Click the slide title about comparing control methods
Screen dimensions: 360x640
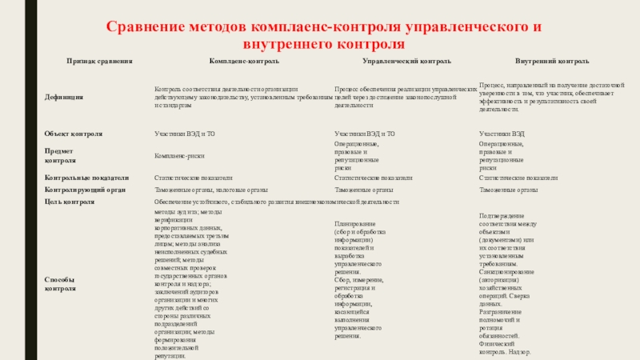click(320, 36)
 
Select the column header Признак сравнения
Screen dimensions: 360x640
click(99, 61)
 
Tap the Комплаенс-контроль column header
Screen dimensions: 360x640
click(243, 61)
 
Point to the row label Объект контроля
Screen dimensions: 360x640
click(74, 134)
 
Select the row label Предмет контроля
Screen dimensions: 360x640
click(63, 154)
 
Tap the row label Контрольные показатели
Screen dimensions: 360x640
click(87, 178)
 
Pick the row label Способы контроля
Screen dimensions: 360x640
click(61, 284)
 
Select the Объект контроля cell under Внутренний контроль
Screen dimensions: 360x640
click(502, 134)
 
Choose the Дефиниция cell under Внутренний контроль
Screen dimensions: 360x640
click(552, 97)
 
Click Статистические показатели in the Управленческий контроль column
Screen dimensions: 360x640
click(374, 178)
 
